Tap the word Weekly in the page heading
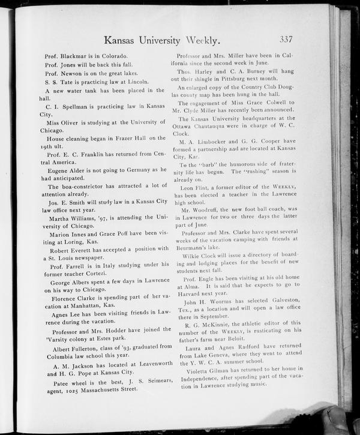(x=202, y=40)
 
